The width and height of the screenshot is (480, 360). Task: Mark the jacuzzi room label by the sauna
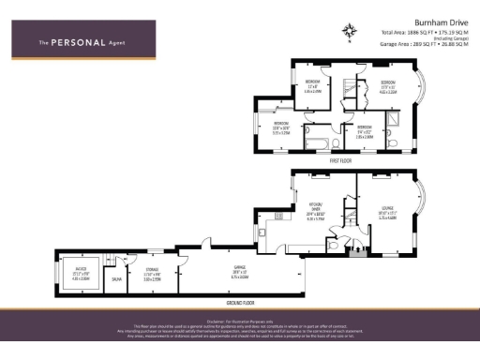click(81, 274)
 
